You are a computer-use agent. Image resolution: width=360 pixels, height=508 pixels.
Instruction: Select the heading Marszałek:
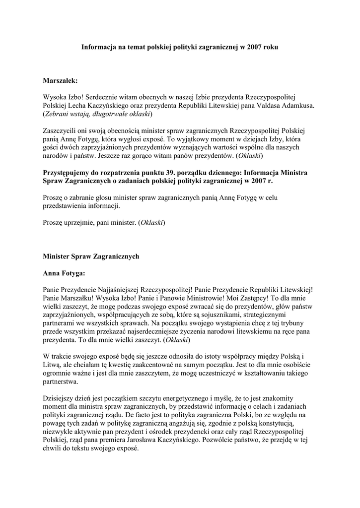click(x=61, y=80)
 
